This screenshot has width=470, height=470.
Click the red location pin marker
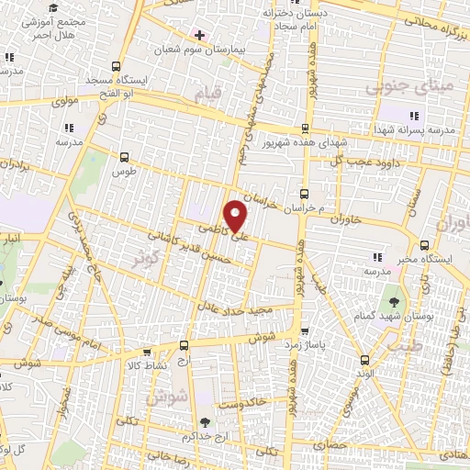click(237, 215)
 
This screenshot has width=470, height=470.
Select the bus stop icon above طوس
click(124, 158)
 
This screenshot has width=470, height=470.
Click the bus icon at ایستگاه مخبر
click(423, 245)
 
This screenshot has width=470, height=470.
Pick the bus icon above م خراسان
click(304, 194)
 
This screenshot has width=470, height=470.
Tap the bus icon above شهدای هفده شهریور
click(304, 129)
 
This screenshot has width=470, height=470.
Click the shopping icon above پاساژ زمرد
click(305, 330)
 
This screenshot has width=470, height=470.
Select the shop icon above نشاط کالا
click(144, 352)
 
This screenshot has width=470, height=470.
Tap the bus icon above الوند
click(366, 361)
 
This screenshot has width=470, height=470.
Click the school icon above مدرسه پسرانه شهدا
click(413, 116)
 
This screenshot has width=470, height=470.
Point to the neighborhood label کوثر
click(146, 260)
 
